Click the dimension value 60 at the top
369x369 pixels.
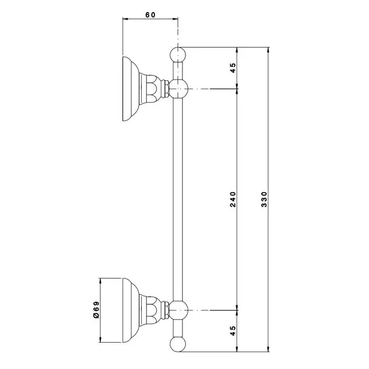click(150, 15)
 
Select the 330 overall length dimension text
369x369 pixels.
click(265, 199)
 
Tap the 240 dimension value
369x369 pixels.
click(232, 199)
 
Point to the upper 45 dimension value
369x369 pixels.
click(232, 68)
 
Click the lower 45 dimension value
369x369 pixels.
click(232, 331)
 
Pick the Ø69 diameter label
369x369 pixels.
click(96, 310)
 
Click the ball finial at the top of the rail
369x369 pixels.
click(178, 55)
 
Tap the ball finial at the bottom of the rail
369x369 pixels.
click(178, 344)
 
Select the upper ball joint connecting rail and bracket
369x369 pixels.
click(179, 89)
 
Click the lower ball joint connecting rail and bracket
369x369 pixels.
click(179, 310)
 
